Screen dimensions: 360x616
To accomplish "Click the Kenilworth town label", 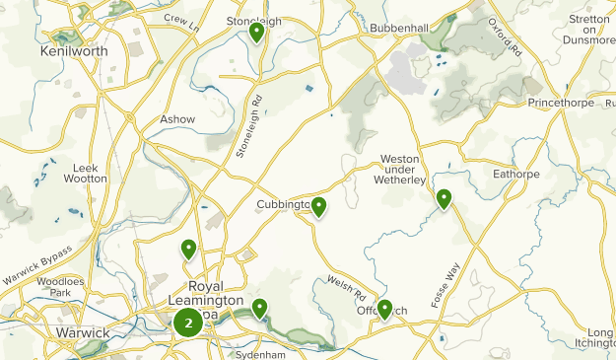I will coord(74,49).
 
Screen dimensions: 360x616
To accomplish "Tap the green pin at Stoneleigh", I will coord(256,34).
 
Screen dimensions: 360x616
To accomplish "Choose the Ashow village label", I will coord(178,119).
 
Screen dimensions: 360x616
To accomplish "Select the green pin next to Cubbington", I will coord(319,207).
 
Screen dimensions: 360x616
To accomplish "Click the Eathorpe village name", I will coord(517,174).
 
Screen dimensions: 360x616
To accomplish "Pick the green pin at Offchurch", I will coord(384,310).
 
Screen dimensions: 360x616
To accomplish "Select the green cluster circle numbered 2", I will coord(187,323).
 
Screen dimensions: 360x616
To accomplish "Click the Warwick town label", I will coord(83,333).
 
